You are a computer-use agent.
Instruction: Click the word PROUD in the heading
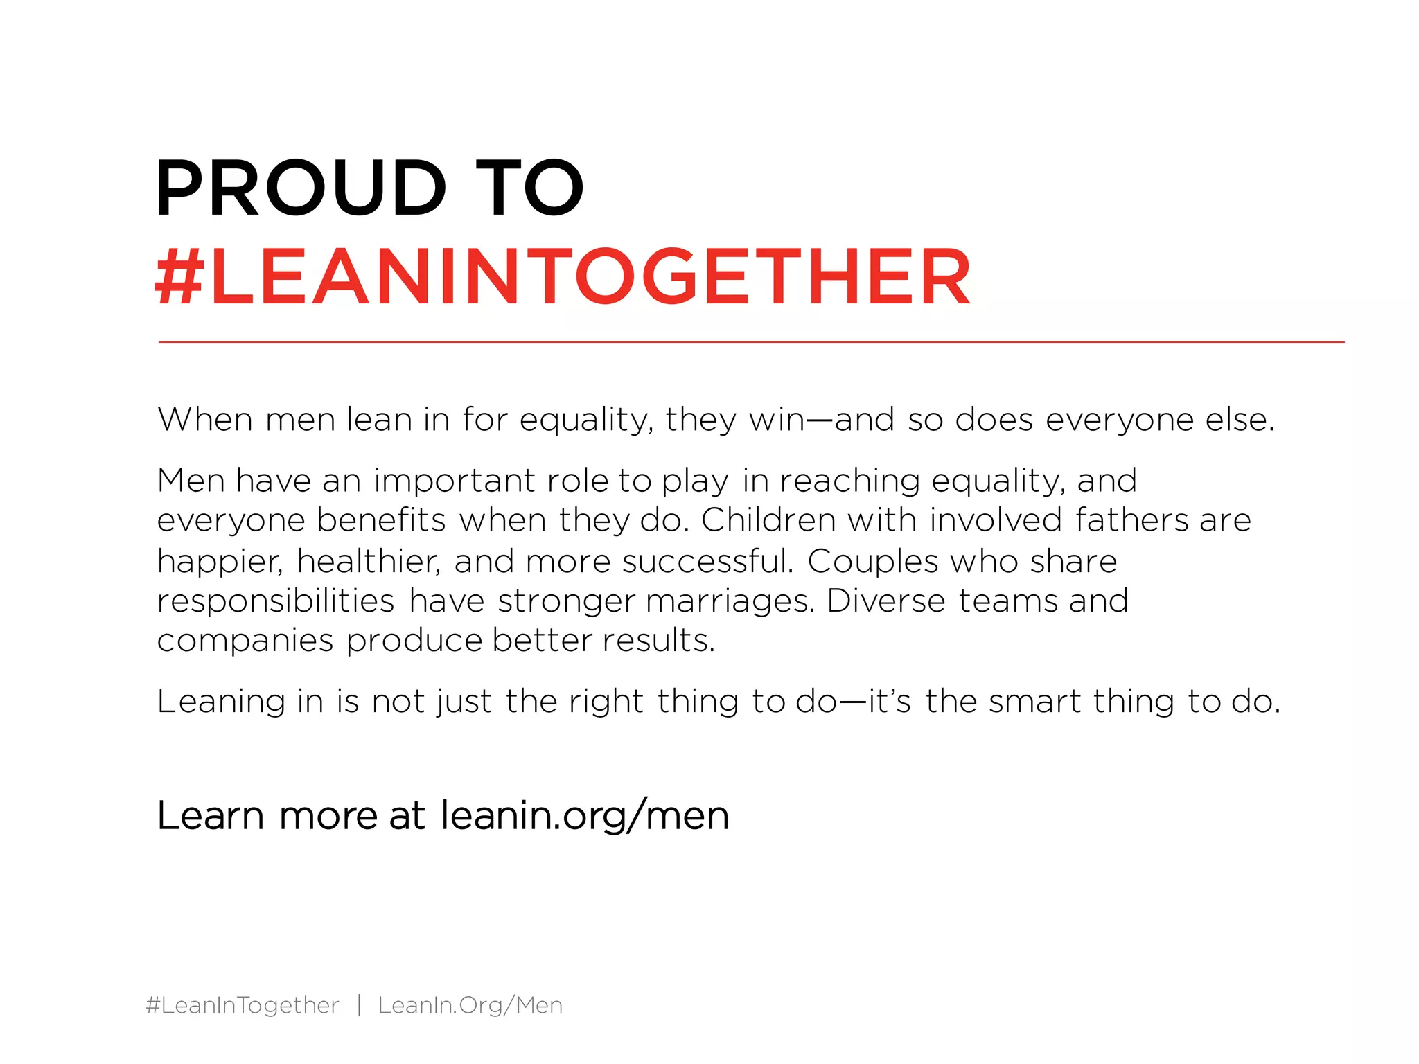(301, 188)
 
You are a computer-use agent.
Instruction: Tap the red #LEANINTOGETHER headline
(563, 277)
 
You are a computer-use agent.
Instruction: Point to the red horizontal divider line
(751, 342)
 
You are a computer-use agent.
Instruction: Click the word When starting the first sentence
(205, 420)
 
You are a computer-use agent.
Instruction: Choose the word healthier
(369, 560)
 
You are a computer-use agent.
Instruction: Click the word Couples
(872, 562)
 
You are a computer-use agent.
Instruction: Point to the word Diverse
(886, 601)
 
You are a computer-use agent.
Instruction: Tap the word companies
(245, 641)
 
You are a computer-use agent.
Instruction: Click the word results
(658, 641)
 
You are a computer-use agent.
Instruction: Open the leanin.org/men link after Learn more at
(585, 815)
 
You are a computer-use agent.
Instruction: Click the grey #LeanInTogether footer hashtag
(243, 1005)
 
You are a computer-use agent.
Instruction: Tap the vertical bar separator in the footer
(359, 1005)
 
